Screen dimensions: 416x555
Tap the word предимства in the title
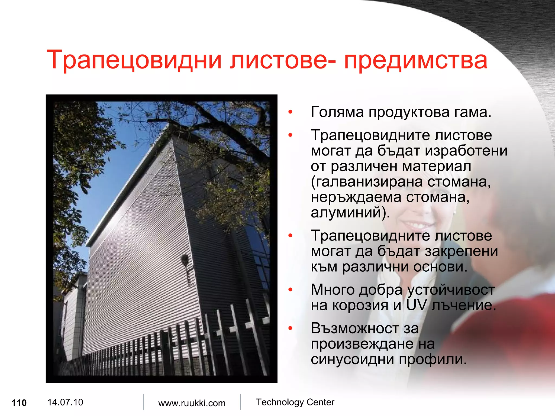[416, 60]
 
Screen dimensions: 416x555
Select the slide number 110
[19, 403]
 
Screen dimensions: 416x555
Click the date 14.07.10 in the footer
[65, 402]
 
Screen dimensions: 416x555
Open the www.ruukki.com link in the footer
[192, 403]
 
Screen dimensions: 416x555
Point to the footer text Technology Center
[295, 402]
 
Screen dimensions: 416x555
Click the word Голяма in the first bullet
[337, 112]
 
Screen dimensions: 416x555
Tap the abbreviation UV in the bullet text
[416, 305]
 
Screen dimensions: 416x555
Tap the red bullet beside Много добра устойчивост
[291, 290]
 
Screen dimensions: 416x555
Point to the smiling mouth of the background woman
[416, 225]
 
